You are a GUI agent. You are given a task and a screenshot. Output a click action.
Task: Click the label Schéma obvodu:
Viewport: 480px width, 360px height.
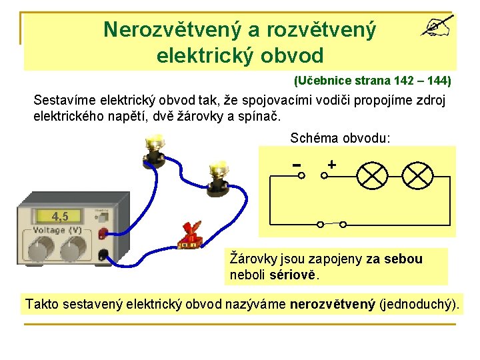point(341,138)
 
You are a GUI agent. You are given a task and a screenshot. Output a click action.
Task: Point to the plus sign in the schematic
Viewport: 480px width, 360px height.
point(331,164)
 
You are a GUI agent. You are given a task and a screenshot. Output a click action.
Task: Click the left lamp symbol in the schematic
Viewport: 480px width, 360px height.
point(372,175)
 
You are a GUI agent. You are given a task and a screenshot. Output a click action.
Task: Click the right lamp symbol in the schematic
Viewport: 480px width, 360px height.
point(417,175)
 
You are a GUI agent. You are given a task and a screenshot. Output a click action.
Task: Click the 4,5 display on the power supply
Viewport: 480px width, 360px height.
point(60,217)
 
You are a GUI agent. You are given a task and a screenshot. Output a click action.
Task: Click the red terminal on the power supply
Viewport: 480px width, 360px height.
point(103,233)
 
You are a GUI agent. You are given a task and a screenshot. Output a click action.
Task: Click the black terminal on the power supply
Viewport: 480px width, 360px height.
point(103,254)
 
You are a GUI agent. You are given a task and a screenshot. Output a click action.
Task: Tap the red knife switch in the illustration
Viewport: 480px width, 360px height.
point(190,234)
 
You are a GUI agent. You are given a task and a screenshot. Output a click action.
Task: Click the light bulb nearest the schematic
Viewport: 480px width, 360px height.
point(219,176)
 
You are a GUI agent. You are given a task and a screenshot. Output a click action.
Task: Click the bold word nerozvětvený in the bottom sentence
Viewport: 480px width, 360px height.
point(333,305)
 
